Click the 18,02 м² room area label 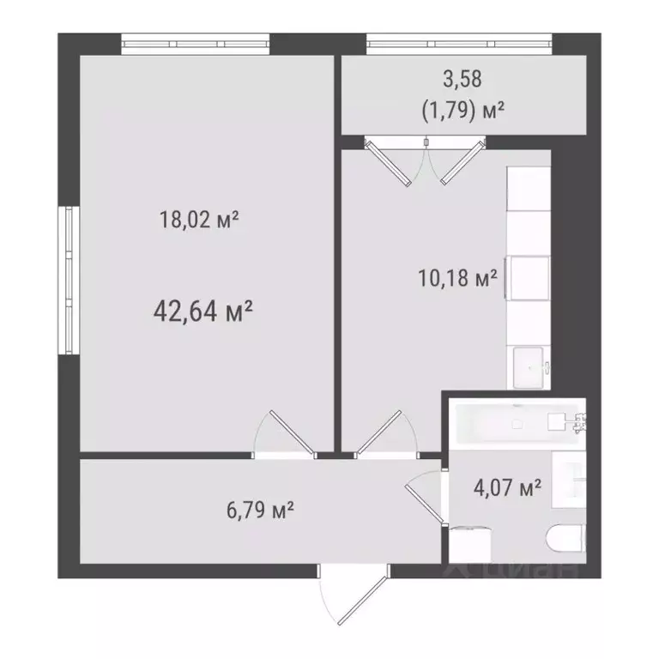[198, 221]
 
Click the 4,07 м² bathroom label [507, 489]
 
